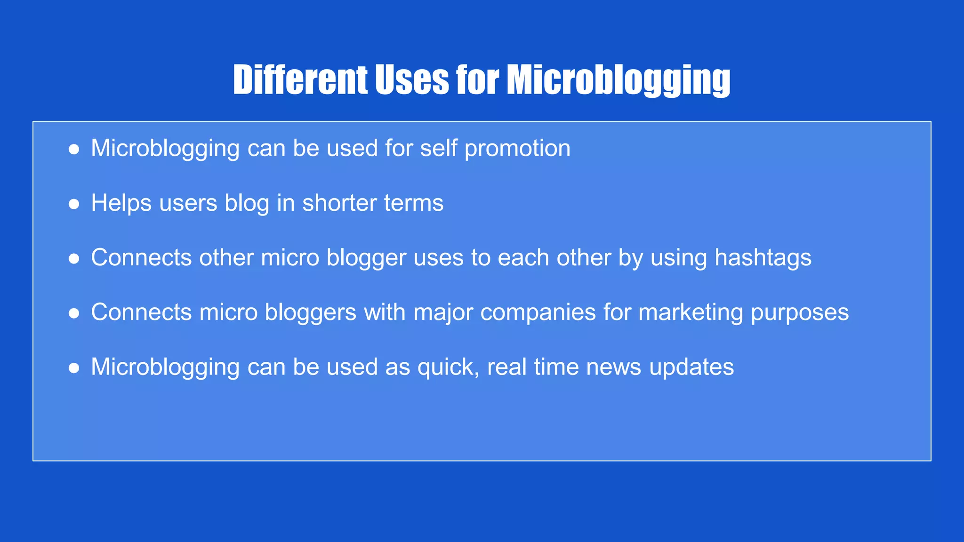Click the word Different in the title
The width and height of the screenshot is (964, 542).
click(300, 80)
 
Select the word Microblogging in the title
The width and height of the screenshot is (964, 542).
click(618, 80)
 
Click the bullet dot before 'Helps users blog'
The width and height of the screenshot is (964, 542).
click(74, 204)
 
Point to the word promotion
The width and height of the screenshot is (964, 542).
click(517, 149)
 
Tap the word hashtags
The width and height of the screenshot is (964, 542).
click(763, 258)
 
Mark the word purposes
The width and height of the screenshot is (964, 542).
click(800, 312)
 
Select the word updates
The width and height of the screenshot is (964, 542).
click(691, 367)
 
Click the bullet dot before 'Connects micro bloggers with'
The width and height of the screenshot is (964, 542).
click(74, 313)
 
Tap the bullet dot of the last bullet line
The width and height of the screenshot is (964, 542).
click(74, 368)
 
